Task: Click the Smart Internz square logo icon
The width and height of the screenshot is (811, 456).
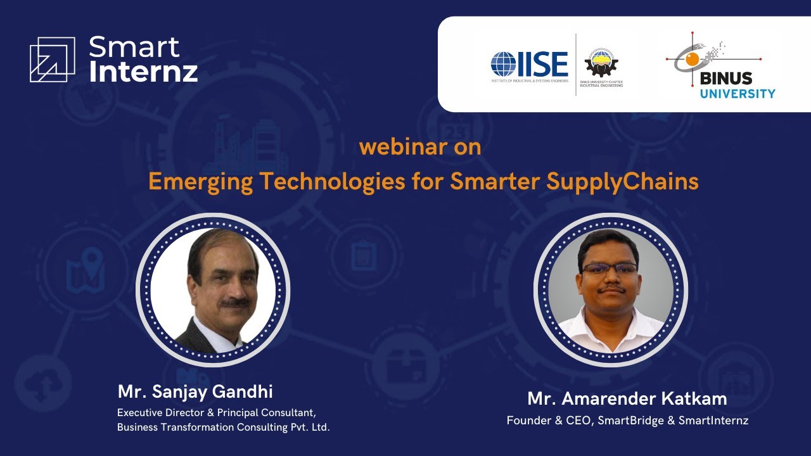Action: [x=52, y=60]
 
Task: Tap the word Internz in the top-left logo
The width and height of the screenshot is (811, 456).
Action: [x=143, y=71]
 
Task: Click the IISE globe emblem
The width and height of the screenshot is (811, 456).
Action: [x=504, y=64]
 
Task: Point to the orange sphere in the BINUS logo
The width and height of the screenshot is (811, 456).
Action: [x=691, y=59]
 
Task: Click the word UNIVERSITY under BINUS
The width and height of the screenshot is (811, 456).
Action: [x=738, y=94]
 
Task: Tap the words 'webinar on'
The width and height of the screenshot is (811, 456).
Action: [x=420, y=147]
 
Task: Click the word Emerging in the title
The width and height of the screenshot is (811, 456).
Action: [x=201, y=182]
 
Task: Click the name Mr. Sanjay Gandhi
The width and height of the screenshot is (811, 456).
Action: [x=195, y=391]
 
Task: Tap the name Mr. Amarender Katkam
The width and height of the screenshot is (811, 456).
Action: [x=627, y=399]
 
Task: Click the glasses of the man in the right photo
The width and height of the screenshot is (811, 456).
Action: [x=610, y=268]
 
